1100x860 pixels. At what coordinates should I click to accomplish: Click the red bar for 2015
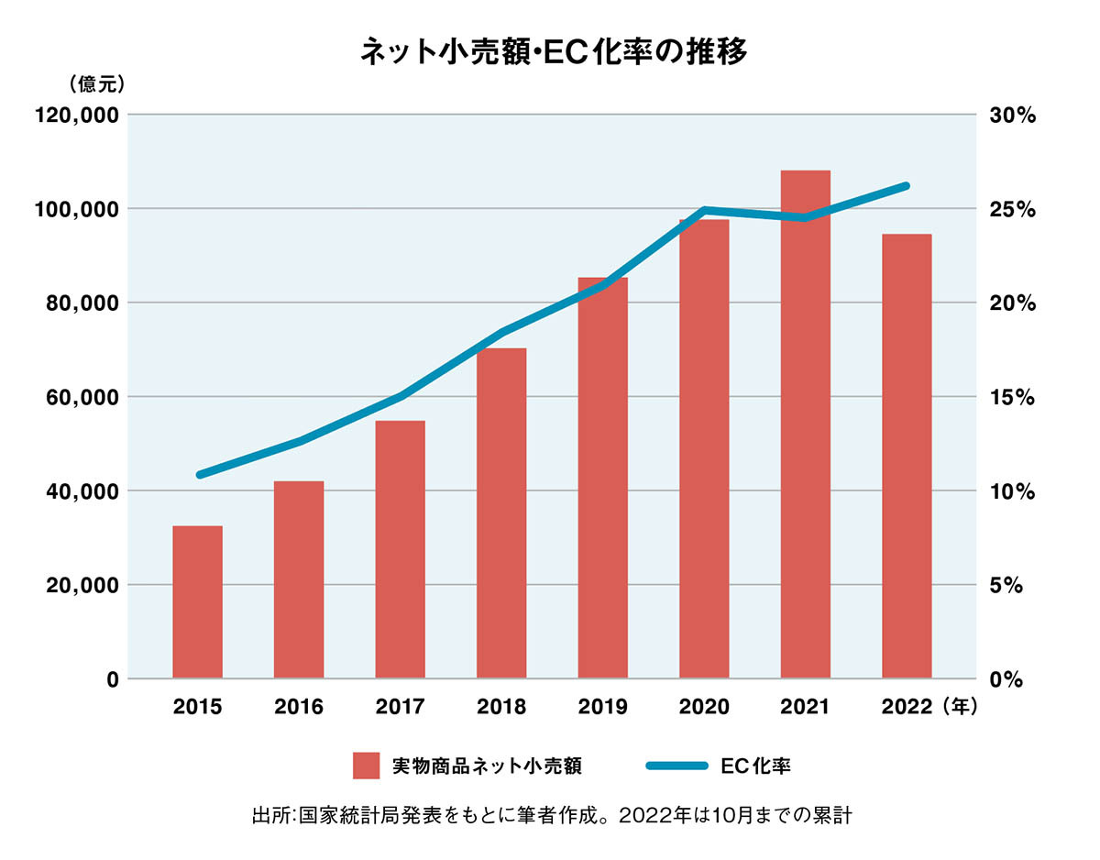[x=197, y=602]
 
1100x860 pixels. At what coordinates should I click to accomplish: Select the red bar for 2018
[x=501, y=513]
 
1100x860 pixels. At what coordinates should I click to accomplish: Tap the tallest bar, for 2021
[x=805, y=424]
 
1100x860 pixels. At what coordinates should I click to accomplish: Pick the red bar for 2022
[x=907, y=457]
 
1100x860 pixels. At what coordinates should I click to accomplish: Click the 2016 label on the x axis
[x=299, y=707]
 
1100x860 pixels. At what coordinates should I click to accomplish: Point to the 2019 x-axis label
[x=603, y=707]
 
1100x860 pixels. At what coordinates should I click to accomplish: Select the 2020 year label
[x=704, y=707]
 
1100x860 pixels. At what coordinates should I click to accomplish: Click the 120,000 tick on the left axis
[x=77, y=116]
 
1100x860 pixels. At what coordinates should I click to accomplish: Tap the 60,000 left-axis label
[x=82, y=397]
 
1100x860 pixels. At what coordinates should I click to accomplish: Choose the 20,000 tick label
[x=82, y=585]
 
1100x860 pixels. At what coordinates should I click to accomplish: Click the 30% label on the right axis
[x=1012, y=116]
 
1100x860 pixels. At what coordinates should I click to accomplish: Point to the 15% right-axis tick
[x=1012, y=397]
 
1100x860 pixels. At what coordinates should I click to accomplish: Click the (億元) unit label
[x=96, y=83]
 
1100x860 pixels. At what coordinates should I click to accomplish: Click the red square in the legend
[x=367, y=766]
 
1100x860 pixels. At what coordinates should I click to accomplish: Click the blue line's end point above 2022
[x=906, y=186]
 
